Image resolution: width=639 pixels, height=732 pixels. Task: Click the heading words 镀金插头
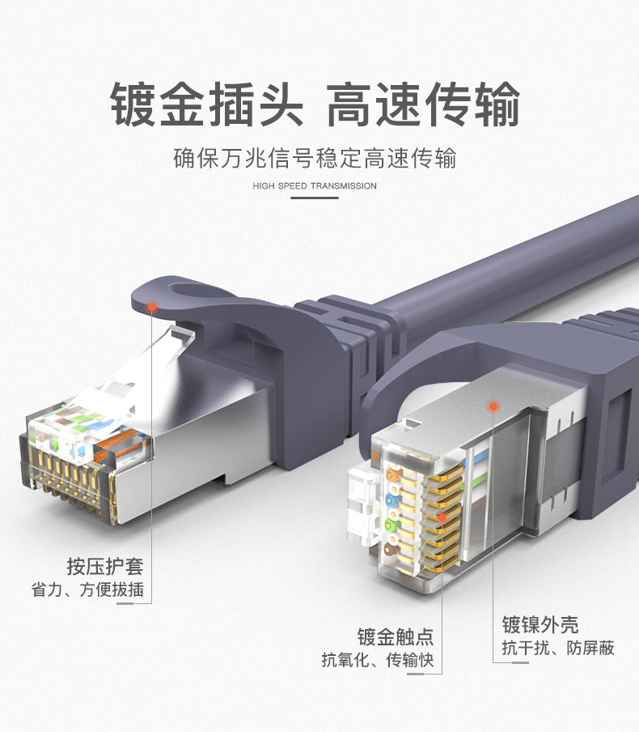206,105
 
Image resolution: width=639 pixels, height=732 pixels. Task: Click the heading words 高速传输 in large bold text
423,105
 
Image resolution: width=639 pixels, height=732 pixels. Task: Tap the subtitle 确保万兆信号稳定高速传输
315,157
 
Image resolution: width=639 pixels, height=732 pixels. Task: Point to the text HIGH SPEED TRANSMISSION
315,186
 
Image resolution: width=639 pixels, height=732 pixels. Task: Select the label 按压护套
105,566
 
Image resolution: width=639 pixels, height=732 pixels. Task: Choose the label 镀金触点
396,636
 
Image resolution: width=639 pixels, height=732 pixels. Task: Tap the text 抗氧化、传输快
378,660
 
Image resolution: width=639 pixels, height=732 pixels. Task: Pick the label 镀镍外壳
540,624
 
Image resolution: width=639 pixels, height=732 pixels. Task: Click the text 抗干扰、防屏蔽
557,648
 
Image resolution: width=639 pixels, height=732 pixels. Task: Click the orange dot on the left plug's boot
152,305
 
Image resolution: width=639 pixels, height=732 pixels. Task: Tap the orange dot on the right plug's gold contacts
442,515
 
